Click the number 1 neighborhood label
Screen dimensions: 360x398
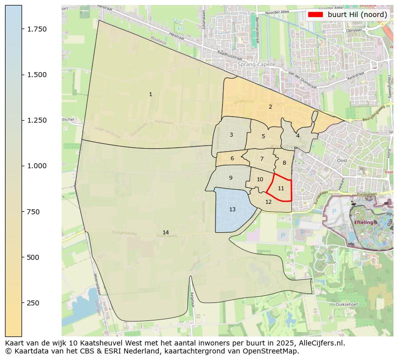pos(150,94)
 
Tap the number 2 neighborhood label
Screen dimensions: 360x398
pos(270,107)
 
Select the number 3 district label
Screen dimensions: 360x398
pos(231,135)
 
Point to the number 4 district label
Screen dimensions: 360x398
pos(298,136)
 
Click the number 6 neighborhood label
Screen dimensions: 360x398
pos(232,159)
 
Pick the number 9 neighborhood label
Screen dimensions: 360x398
pos(231,178)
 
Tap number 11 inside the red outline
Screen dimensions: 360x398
pos(281,188)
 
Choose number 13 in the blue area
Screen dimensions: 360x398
pos(232,209)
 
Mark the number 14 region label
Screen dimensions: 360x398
pos(165,232)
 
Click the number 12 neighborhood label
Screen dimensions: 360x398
pos(269,202)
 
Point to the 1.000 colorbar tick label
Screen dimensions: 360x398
pos(37,166)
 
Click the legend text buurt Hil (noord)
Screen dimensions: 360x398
pos(357,15)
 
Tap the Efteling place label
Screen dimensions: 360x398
pos(363,222)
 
